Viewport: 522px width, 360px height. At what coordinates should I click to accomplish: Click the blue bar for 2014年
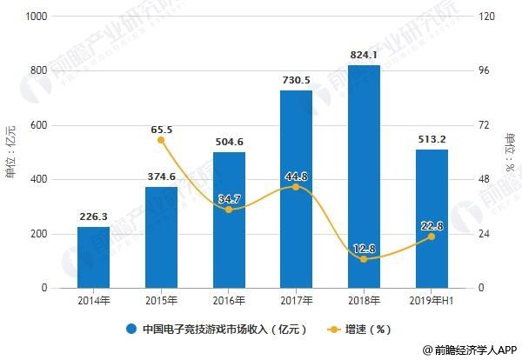[93, 257]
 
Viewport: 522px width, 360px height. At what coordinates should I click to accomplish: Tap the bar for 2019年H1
[432, 218]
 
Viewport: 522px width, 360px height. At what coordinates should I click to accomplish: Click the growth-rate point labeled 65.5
[161, 140]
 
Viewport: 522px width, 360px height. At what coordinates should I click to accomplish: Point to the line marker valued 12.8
[364, 259]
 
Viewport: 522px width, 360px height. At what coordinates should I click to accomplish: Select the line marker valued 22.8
[432, 237]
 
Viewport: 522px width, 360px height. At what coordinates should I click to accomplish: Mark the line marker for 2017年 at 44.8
[297, 187]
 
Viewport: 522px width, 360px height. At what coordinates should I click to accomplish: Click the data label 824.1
[364, 55]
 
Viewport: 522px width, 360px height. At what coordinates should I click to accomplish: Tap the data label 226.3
[93, 217]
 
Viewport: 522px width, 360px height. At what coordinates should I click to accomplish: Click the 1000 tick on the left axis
[37, 17]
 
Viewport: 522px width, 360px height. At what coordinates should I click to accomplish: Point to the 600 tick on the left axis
[40, 125]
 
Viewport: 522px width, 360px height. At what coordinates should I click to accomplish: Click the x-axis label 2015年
[161, 300]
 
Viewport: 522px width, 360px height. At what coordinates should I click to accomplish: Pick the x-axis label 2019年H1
[432, 300]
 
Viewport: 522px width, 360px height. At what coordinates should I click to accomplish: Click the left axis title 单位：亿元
[10, 153]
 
